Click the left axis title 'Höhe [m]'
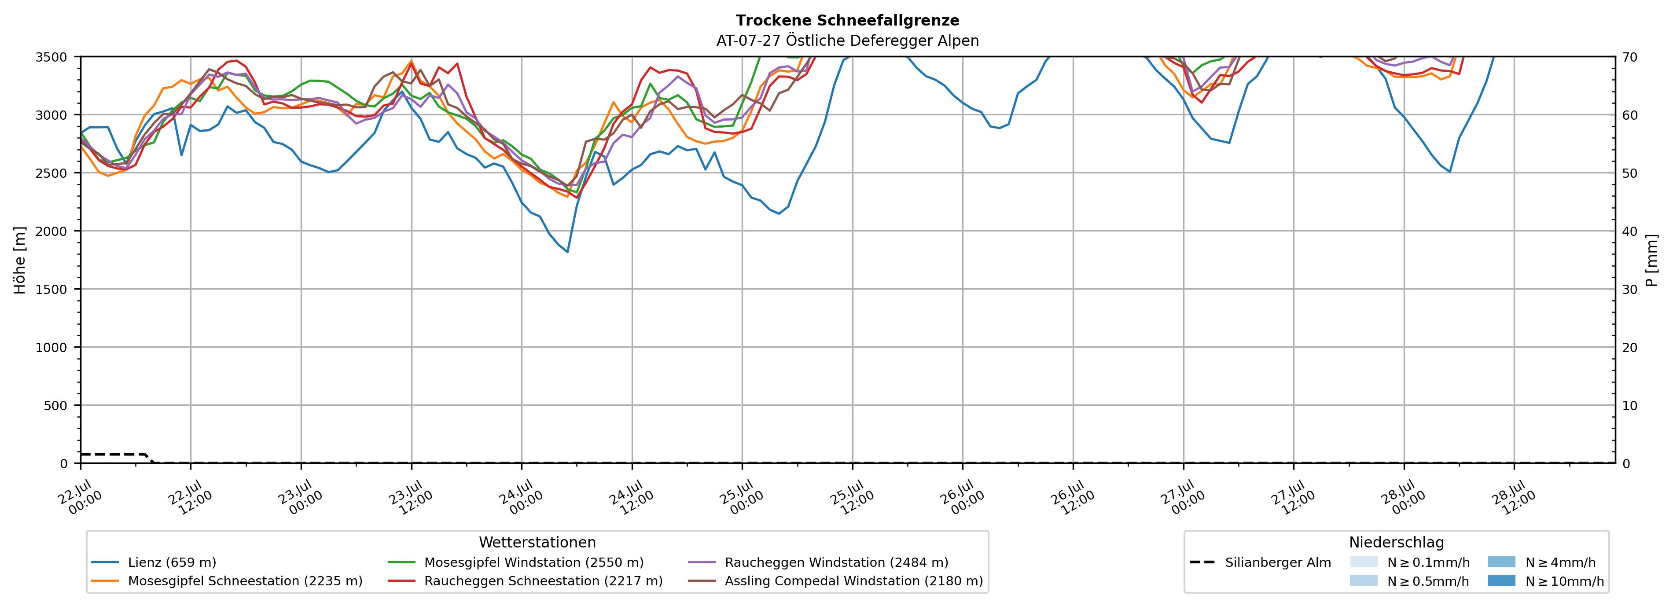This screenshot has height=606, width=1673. click(20, 260)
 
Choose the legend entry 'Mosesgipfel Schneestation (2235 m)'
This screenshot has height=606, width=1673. click(227, 580)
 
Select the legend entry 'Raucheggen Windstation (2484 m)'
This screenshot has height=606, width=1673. click(818, 562)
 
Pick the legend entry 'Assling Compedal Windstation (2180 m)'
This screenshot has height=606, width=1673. click(836, 580)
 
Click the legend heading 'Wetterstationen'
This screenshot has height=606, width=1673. click(537, 542)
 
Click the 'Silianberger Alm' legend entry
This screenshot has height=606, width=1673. click(1260, 562)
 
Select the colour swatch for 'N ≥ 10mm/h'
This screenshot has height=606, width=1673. click(1501, 580)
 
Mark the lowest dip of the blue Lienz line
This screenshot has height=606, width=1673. click(568, 252)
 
